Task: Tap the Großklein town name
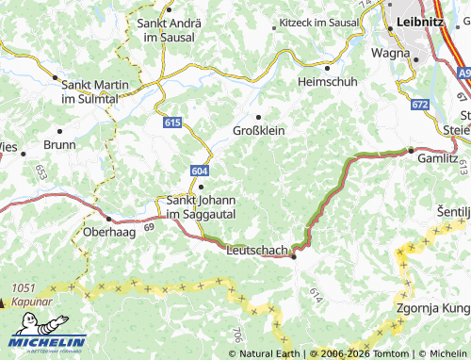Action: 258,130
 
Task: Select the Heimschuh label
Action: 327,82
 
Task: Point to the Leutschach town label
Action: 257,251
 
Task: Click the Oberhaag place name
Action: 112,232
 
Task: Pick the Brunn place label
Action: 59,145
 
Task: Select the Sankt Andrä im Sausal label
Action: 165,29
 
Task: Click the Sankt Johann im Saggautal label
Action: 201,206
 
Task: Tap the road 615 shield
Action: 171,123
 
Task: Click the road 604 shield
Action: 199,171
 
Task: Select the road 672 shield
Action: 420,104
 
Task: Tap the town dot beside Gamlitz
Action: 411,150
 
